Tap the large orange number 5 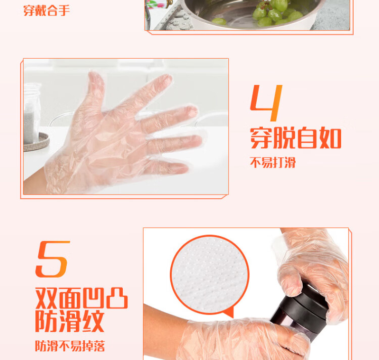pos(52,259)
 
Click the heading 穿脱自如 pos(296,138)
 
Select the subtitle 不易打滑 pos(273,162)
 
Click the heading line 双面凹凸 pos(81,298)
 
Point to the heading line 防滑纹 pos(70,321)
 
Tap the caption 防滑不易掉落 pos(70,346)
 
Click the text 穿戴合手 pos(46,11)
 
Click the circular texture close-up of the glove pos(210,275)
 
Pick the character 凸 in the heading pos(117,298)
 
